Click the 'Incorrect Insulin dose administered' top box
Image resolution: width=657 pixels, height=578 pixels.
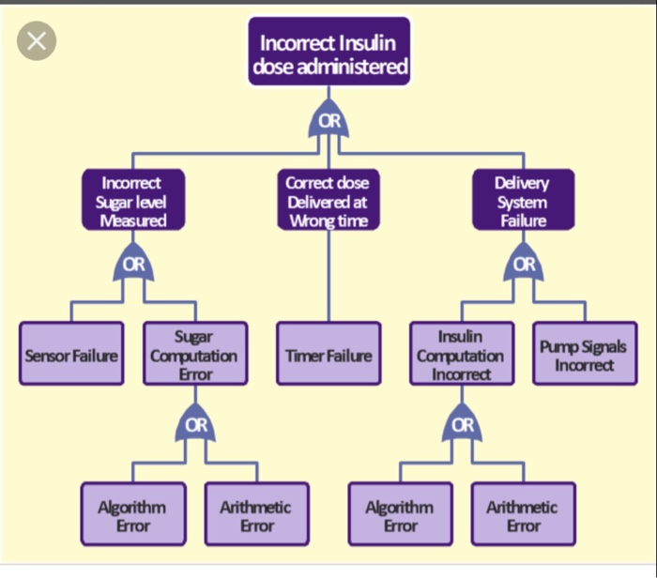point(328,51)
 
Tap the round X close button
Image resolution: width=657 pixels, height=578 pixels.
point(37,41)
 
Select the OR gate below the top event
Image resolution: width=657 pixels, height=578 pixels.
point(328,119)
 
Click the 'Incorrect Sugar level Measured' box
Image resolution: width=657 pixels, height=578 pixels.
point(133,200)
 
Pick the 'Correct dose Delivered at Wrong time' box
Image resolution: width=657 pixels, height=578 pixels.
point(328,200)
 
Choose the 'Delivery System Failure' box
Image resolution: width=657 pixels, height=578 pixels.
point(524,200)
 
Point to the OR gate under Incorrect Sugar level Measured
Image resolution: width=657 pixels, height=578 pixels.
point(133,262)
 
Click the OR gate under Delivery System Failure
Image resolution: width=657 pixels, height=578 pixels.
point(524,262)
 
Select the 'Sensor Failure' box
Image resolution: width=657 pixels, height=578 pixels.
point(71,353)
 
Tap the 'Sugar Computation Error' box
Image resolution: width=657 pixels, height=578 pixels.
point(195,353)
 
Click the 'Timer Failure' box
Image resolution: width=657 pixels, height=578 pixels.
point(328,353)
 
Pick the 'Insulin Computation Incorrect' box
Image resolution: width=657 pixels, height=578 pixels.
point(462,353)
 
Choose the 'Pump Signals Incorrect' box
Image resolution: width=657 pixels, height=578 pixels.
point(585,353)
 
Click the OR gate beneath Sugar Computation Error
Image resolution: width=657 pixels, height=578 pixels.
point(195,423)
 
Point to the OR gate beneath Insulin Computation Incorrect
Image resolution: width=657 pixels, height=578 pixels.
point(462,423)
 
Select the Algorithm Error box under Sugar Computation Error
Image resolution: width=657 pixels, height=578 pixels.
point(133,514)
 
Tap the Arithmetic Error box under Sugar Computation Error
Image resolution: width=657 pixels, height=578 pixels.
point(257,514)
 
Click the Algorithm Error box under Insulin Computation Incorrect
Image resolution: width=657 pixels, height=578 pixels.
point(400,514)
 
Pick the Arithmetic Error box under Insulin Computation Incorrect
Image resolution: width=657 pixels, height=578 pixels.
point(524,514)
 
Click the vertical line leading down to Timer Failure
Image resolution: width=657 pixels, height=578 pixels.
point(328,276)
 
